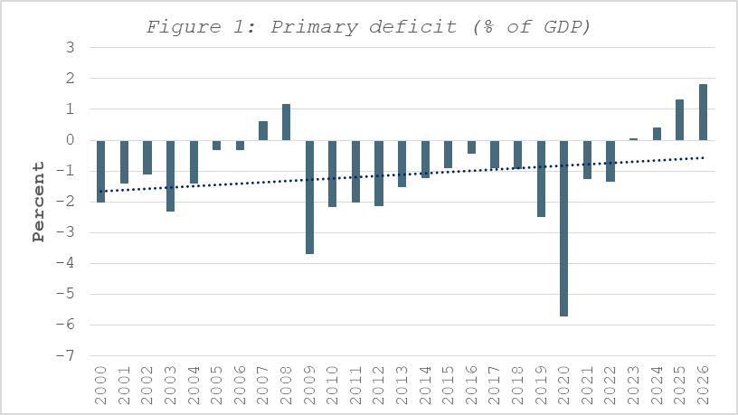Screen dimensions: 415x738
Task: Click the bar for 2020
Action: tap(564, 228)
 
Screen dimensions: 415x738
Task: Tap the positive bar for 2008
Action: tap(286, 122)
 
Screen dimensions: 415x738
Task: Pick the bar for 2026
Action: tap(703, 112)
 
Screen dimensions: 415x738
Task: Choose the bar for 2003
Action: tap(170, 175)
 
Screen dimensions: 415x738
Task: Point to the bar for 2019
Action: tap(541, 178)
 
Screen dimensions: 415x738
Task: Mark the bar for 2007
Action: tap(263, 131)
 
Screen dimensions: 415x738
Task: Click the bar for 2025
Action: tap(679, 120)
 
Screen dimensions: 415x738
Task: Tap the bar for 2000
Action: tap(100, 171)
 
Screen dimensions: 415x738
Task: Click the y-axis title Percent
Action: tap(38, 202)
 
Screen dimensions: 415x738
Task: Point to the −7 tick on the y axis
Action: tap(66, 355)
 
